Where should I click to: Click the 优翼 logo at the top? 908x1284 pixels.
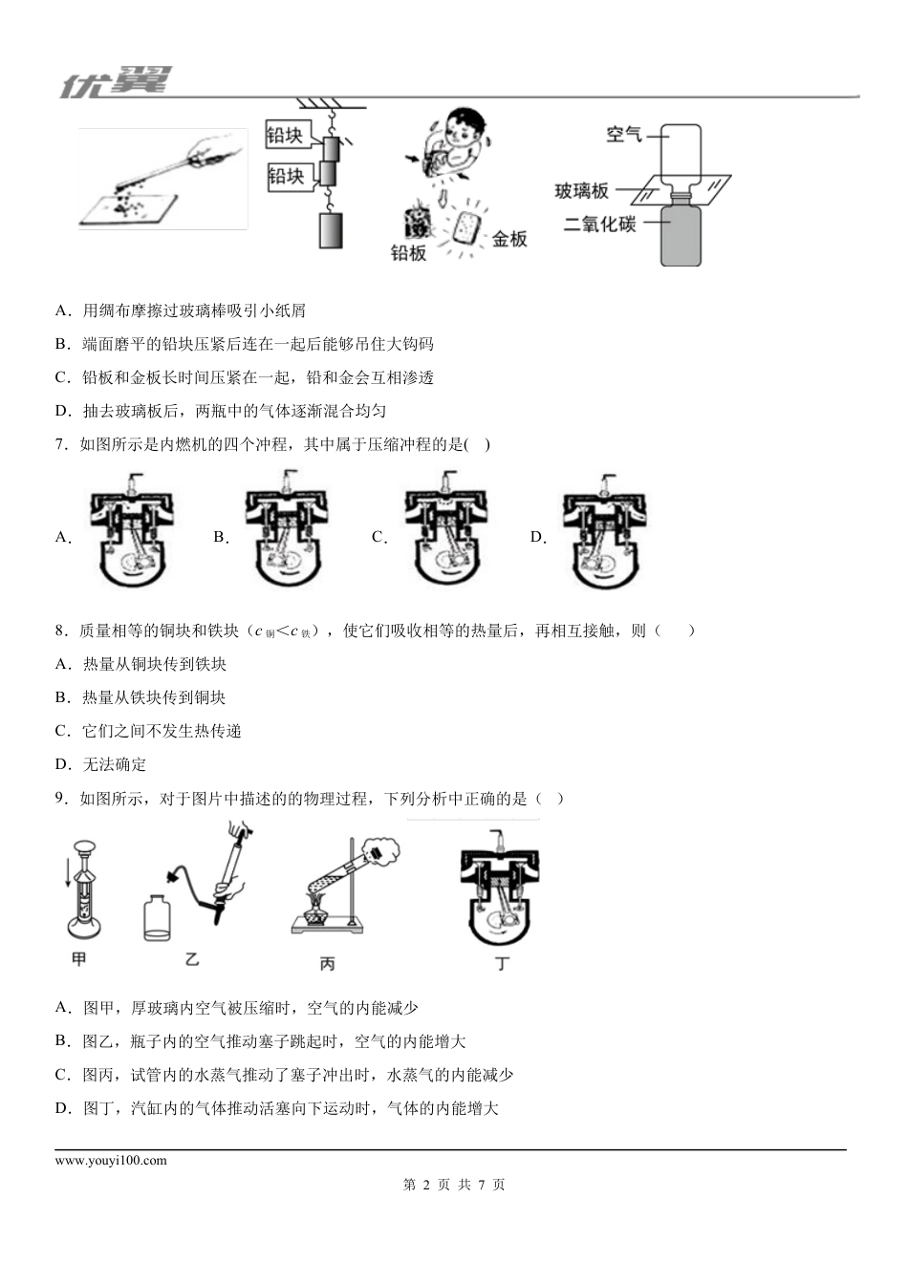pyautogui.click(x=115, y=82)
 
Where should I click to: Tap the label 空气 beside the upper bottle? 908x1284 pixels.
pyautogui.click(x=623, y=135)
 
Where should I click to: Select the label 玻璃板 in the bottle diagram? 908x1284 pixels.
pyautogui.click(x=581, y=191)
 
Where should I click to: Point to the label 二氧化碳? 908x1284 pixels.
pyautogui.click(x=599, y=225)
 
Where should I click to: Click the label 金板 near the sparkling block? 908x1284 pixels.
pyautogui.click(x=509, y=239)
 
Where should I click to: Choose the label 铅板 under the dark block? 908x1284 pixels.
pyautogui.click(x=408, y=253)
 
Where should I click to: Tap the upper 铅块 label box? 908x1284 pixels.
pyautogui.click(x=285, y=136)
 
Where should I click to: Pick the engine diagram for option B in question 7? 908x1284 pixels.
pyautogui.click(x=289, y=529)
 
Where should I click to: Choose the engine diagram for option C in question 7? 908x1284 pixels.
pyautogui.click(x=449, y=529)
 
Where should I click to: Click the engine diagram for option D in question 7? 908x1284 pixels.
pyautogui.click(x=606, y=529)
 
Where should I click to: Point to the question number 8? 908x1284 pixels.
pyautogui.click(x=59, y=631)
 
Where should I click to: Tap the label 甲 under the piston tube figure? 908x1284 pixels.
pyautogui.click(x=79, y=958)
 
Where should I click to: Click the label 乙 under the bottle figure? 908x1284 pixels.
pyautogui.click(x=192, y=958)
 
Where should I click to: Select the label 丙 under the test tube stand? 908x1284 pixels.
pyautogui.click(x=327, y=964)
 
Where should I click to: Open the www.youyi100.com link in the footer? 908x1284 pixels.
pyautogui.click(x=111, y=1161)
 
